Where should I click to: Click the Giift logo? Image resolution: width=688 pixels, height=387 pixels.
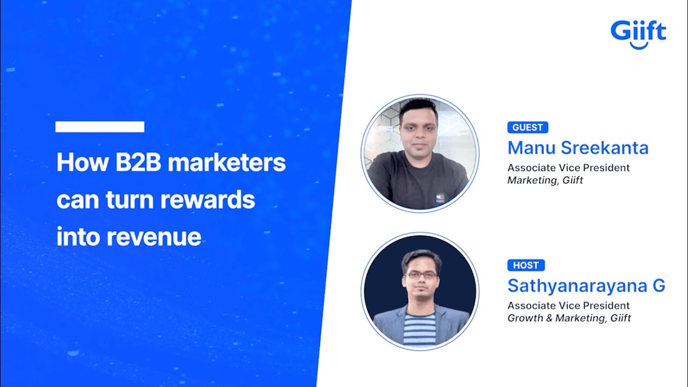pyautogui.click(x=638, y=32)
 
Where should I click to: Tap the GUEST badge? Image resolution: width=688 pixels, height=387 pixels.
pyautogui.click(x=527, y=127)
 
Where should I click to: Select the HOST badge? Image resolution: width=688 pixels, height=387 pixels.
pyautogui.click(x=526, y=265)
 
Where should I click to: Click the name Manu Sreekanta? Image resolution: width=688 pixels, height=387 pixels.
pyautogui.click(x=578, y=148)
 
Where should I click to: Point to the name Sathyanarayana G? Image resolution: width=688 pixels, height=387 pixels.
pyautogui.click(x=586, y=286)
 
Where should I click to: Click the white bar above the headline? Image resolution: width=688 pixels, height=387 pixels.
pyautogui.click(x=100, y=127)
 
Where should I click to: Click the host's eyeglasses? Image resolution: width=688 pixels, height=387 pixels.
pyautogui.click(x=421, y=275)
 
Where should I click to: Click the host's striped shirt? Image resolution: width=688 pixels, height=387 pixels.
pyautogui.click(x=419, y=328)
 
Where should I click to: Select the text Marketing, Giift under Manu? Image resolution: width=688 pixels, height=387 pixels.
pyautogui.click(x=545, y=181)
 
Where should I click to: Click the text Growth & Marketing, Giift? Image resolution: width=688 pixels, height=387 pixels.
pyautogui.click(x=569, y=318)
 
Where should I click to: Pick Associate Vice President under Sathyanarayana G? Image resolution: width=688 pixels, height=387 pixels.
pyautogui.click(x=568, y=306)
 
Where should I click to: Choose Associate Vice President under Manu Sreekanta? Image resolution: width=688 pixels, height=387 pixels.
pyautogui.click(x=568, y=168)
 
